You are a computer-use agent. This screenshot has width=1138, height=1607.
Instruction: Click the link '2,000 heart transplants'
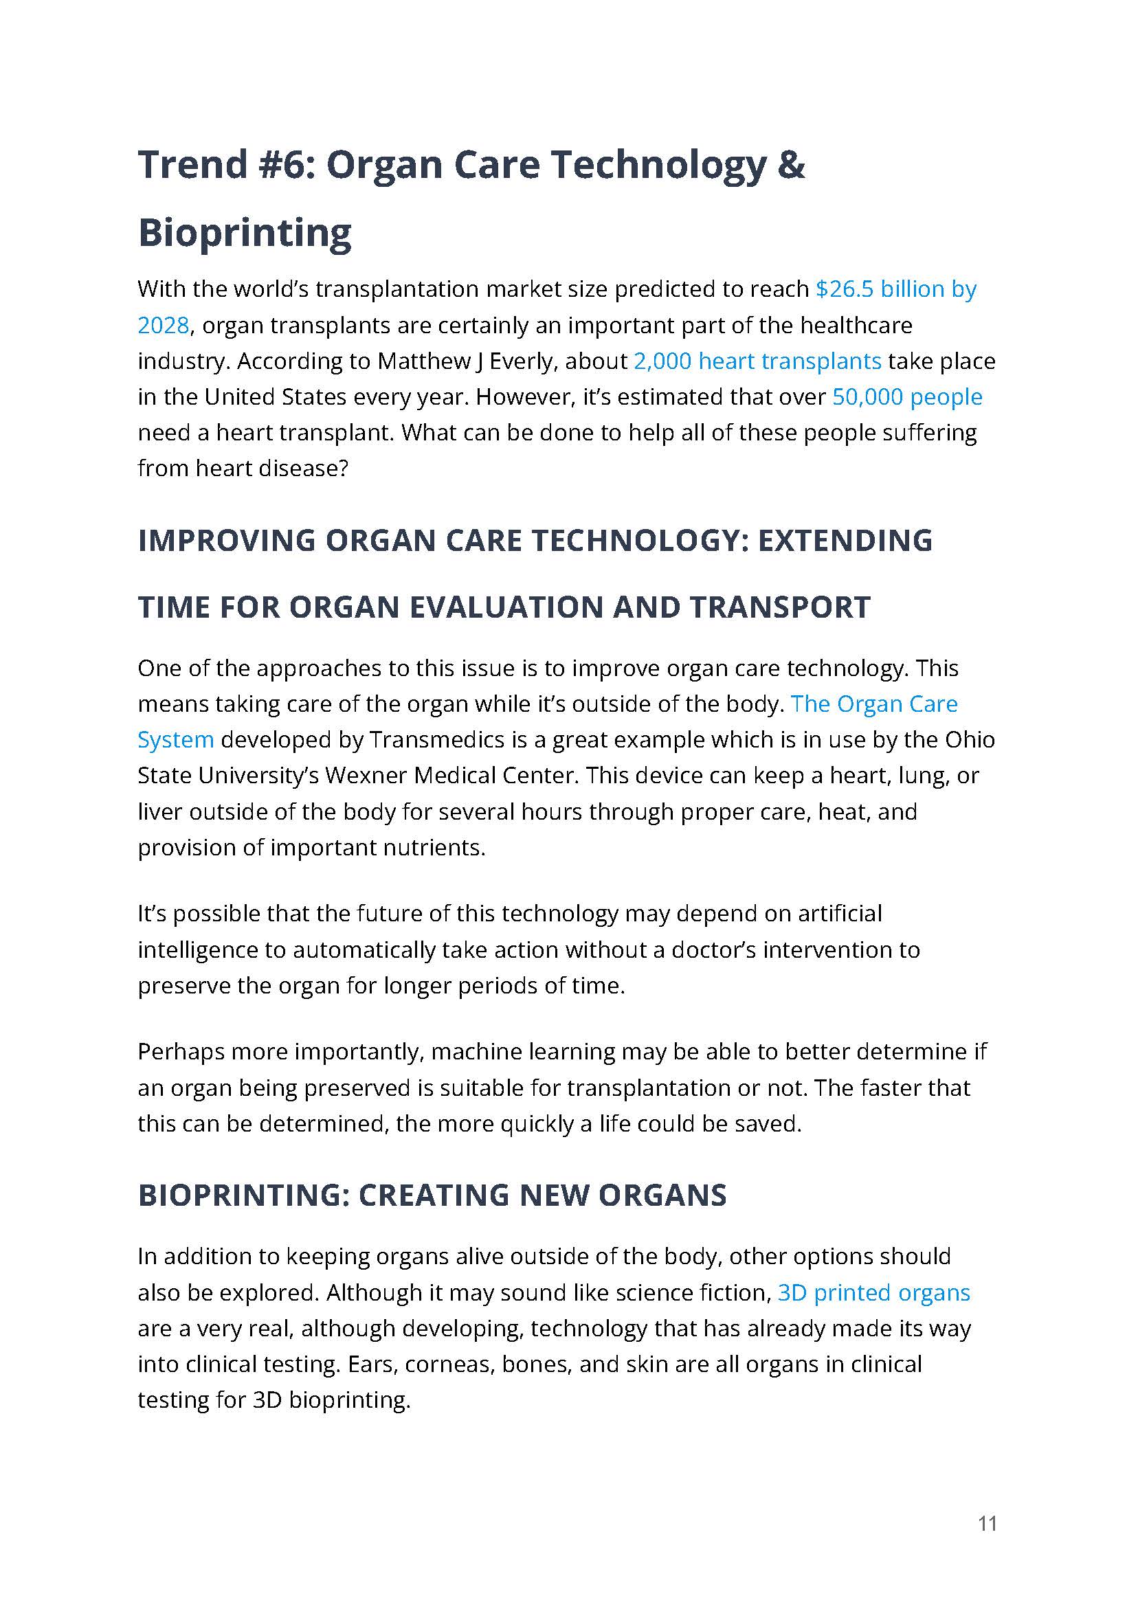[x=757, y=361]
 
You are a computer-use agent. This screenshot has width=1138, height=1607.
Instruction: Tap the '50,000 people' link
[x=906, y=396]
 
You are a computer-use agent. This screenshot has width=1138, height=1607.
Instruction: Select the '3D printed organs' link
[x=874, y=1292]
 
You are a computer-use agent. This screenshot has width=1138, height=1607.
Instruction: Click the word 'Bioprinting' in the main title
[x=245, y=233]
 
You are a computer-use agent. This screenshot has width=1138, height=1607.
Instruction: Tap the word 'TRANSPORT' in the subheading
[x=780, y=607]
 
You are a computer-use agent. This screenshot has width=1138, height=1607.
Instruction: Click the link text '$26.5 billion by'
[x=895, y=289]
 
